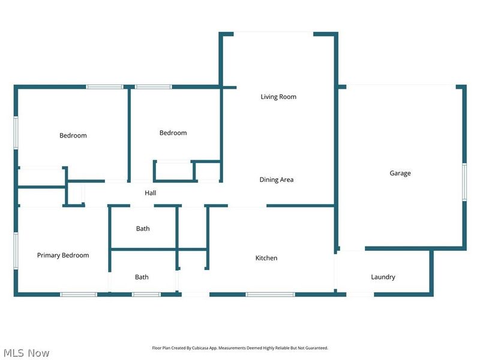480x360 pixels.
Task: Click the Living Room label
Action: [278, 97]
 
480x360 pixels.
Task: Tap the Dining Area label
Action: [277, 179]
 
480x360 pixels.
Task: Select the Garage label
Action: [400, 173]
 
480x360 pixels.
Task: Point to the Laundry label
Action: [383, 277]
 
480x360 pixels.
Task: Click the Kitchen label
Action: [266, 258]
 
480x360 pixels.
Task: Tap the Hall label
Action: [151, 193]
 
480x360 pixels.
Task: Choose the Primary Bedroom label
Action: [63, 256]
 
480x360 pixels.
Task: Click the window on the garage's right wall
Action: [464, 182]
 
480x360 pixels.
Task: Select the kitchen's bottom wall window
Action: [271, 295]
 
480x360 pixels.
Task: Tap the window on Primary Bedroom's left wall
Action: [16, 251]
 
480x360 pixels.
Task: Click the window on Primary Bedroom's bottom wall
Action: [79, 295]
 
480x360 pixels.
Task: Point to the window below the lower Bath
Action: [146, 295]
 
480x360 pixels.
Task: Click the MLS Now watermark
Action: [26, 353]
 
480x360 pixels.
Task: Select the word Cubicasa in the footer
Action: [199, 348]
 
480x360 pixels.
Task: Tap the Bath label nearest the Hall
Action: [143, 229]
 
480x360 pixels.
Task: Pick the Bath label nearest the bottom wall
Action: [142, 277]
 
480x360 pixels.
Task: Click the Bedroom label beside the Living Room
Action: [173, 133]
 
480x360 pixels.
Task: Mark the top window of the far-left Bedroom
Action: [104, 87]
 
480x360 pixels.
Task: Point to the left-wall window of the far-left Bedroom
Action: [16, 133]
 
